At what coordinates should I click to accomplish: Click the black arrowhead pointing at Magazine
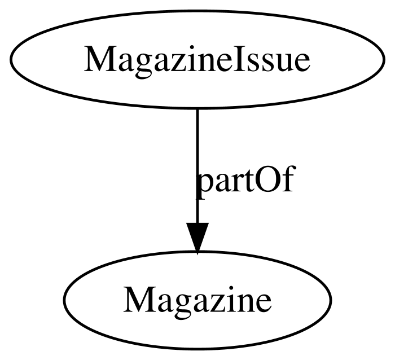(x=197, y=238)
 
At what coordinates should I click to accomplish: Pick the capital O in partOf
(x=270, y=179)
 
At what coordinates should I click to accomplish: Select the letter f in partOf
(x=288, y=178)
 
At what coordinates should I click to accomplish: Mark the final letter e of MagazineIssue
(x=301, y=63)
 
